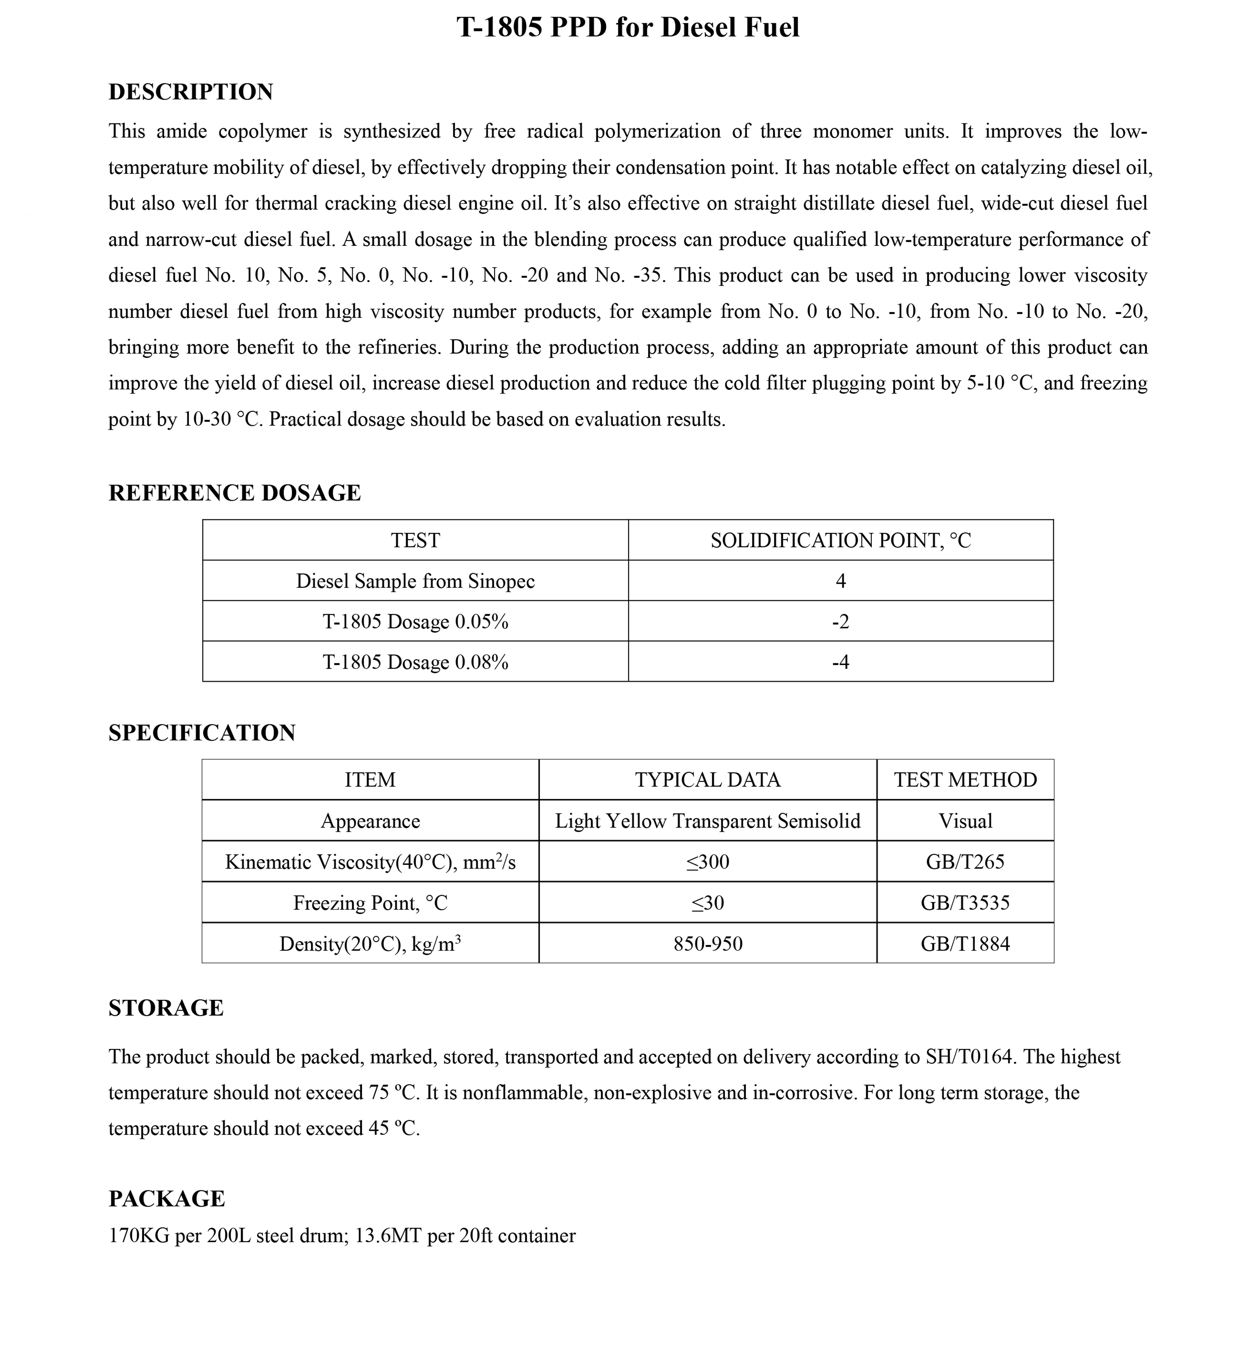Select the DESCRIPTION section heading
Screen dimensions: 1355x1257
pyautogui.click(x=191, y=92)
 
